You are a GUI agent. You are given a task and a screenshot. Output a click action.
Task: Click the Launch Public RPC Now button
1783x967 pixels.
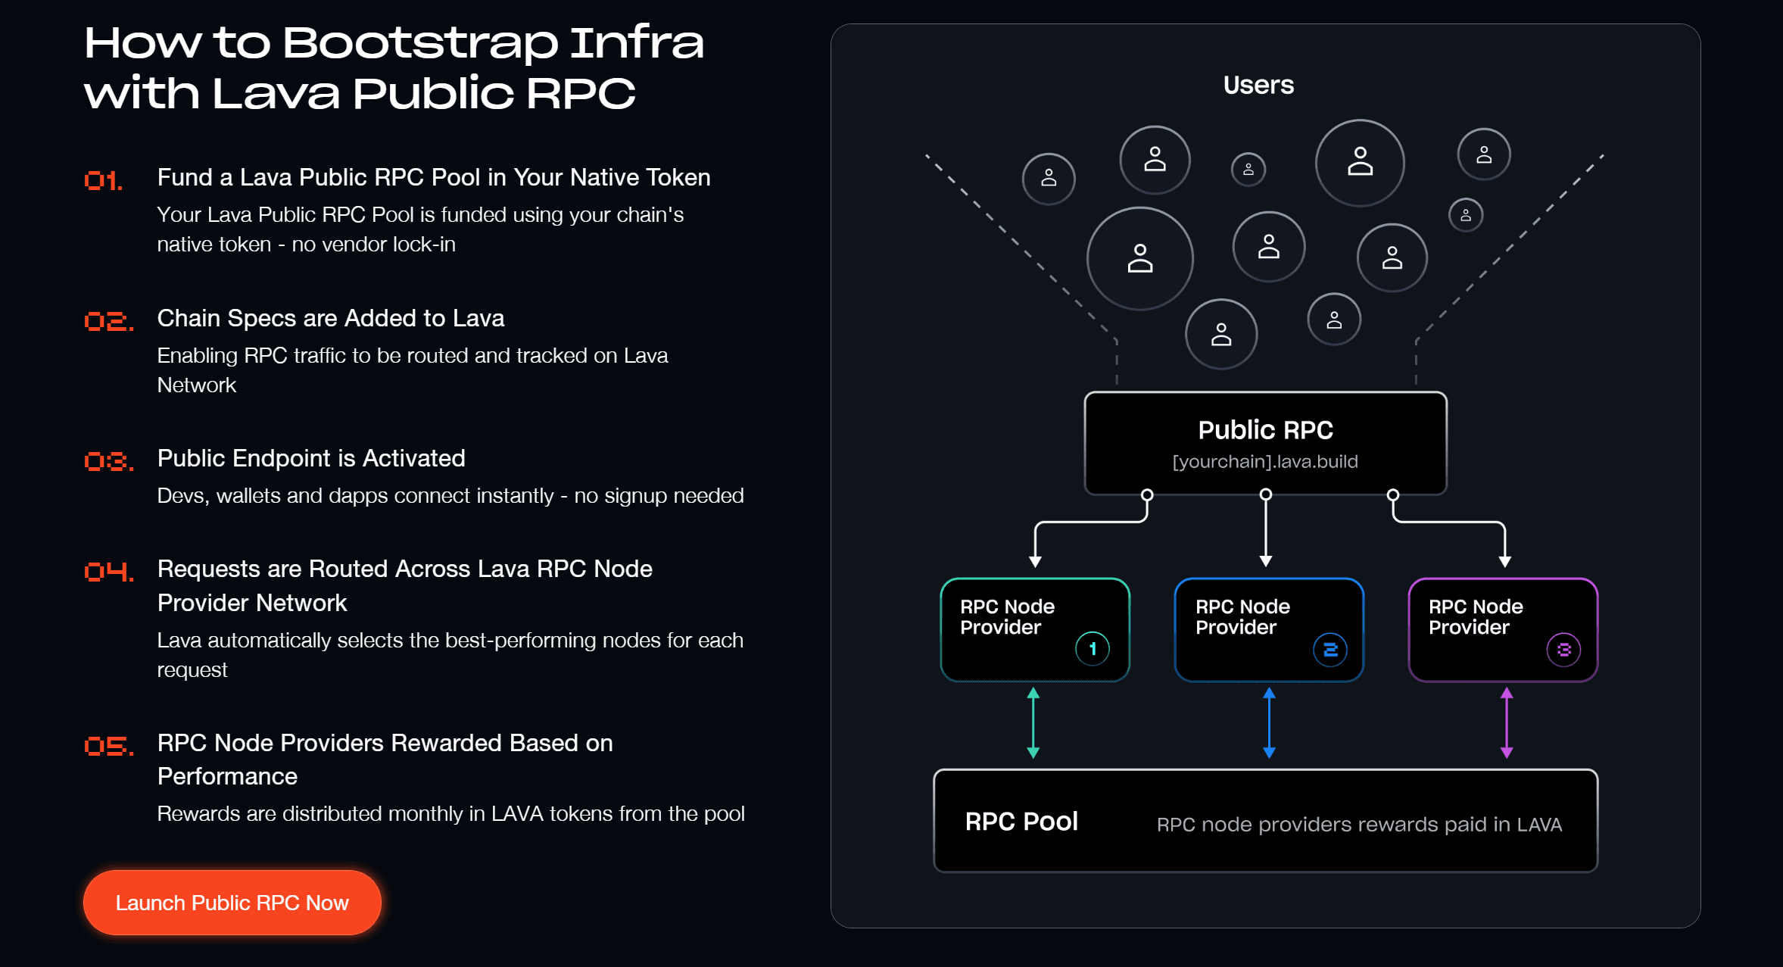pyautogui.click(x=232, y=903)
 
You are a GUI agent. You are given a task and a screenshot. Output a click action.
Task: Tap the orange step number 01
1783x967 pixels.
pyautogui.click(x=104, y=180)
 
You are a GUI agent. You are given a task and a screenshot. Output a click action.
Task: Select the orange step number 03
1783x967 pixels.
pyautogui.click(x=108, y=461)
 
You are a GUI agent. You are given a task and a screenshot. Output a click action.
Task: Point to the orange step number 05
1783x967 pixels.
pyautogui.click(x=108, y=746)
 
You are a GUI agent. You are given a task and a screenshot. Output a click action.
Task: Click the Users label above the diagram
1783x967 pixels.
pyautogui.click(x=1258, y=85)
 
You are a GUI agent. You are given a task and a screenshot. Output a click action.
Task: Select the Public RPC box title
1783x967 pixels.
pyautogui.click(x=1265, y=430)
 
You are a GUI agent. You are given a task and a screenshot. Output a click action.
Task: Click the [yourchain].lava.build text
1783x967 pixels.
pyautogui.click(x=1264, y=461)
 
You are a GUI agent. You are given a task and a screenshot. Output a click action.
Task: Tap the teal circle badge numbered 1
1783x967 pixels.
pyautogui.click(x=1092, y=649)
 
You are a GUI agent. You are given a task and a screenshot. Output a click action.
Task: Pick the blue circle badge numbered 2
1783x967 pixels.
pyautogui.click(x=1329, y=650)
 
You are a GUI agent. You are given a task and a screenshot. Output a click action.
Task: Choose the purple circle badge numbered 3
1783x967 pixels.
pyautogui.click(x=1563, y=650)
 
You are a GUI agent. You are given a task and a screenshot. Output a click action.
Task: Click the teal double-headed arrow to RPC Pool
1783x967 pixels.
pyautogui.click(x=1033, y=723)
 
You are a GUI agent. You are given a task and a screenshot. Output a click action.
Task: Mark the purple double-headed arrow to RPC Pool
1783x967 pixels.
pyautogui.click(x=1506, y=723)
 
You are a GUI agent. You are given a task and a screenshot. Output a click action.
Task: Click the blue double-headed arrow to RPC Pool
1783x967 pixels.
pyautogui.click(x=1269, y=723)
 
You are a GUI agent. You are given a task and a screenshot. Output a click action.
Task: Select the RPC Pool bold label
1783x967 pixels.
pyautogui.click(x=1021, y=822)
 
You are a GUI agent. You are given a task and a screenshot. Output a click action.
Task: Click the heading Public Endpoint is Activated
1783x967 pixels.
pyautogui.click(x=311, y=458)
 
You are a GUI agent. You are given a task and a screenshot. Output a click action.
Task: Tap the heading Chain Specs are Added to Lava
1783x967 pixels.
pyautogui.click(x=330, y=318)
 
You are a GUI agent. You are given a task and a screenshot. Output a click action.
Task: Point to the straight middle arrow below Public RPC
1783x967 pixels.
pyautogui.click(x=1265, y=530)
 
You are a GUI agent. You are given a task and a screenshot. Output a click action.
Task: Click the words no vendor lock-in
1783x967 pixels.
pyautogui.click(x=373, y=245)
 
